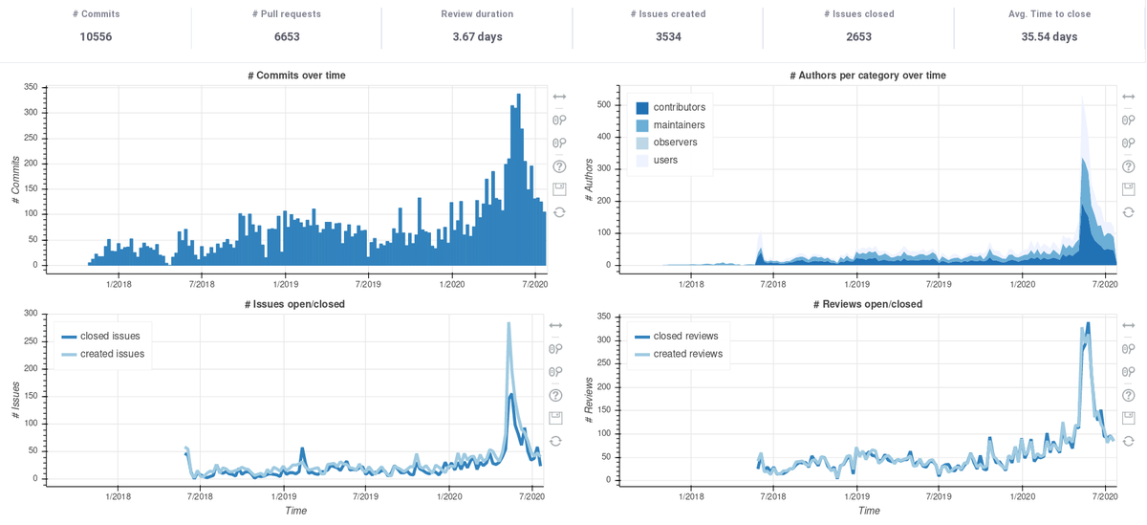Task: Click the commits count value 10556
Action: tap(96, 36)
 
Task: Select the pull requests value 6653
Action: tap(287, 36)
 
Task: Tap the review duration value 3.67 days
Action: tap(477, 36)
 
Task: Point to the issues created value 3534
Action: tap(668, 36)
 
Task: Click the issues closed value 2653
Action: tap(859, 36)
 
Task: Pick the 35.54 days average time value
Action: tap(1050, 36)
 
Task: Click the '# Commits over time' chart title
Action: tap(295, 75)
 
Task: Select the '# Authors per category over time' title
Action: tap(868, 75)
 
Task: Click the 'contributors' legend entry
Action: tap(679, 107)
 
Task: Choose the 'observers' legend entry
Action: tap(675, 142)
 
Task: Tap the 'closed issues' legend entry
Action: tap(110, 336)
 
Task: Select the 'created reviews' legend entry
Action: tap(687, 354)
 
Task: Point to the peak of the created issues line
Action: tap(509, 323)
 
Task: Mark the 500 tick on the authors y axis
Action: tap(602, 104)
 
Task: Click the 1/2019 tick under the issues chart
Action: tap(284, 496)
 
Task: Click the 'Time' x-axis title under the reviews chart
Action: tap(869, 511)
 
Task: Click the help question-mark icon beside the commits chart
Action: tap(559, 166)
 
